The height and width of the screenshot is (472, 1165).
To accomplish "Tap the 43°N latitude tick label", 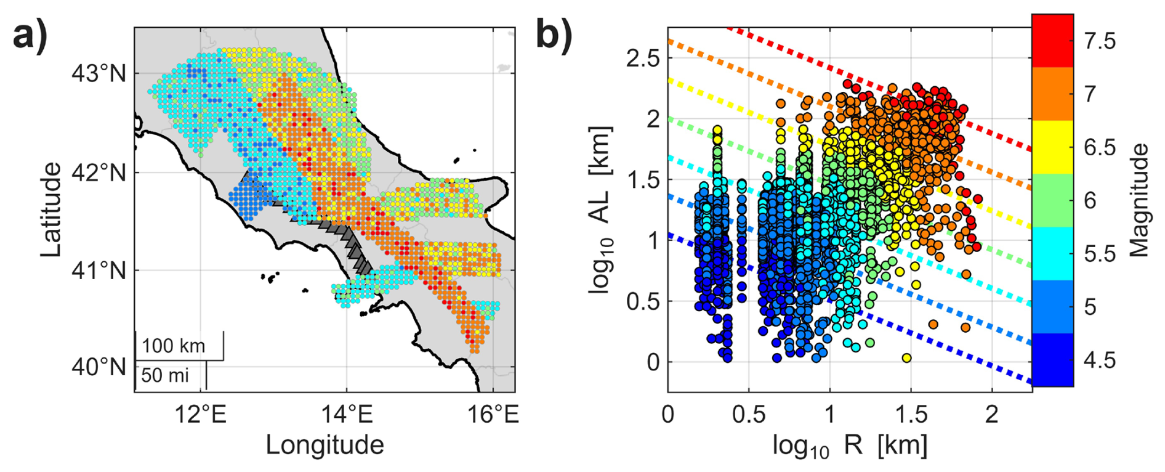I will tap(99, 73).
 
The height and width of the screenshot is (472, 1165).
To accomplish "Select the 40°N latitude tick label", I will tap(99, 367).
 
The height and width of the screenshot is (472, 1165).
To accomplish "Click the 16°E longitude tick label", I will tap(494, 414).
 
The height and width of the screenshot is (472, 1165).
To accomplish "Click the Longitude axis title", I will tap(325, 445).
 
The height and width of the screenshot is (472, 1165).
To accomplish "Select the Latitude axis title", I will tap(52, 210).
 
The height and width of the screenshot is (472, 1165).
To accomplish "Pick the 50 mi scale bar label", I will tap(164, 375).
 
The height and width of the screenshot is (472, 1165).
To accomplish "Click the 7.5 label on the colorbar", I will tap(1099, 41).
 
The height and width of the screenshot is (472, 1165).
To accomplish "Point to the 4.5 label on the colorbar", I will tap(1099, 360).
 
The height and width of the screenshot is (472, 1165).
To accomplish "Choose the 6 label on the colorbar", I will tap(1090, 200).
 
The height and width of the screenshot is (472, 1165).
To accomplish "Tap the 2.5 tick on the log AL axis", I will tap(642, 59).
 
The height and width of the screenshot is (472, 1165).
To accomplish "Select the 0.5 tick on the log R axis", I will tap(749, 414).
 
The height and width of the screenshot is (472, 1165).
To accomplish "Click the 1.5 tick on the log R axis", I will tap(911, 414).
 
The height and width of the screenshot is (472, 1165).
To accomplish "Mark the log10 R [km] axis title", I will tap(850, 445).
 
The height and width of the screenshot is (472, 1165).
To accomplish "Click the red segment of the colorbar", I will tap(1052, 41).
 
